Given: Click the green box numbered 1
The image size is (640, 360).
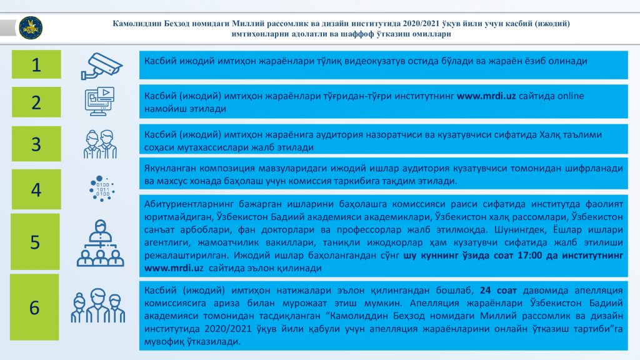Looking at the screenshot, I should (x=36, y=64).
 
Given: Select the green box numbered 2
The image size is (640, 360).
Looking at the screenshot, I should (x=36, y=102).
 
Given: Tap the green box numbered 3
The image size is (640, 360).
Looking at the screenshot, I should (x=36, y=144).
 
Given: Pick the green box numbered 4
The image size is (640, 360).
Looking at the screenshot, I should (x=36, y=189).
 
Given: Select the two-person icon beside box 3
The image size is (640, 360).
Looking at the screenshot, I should (x=101, y=144).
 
